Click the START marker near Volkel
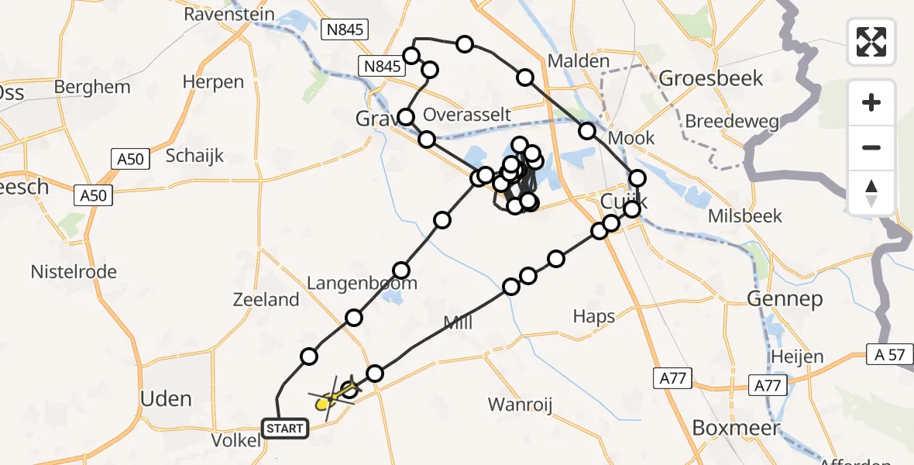click(286, 428)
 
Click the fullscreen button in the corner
click(871, 41)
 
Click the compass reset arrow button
click(871, 193)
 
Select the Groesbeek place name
click(710, 78)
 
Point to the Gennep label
click(785, 299)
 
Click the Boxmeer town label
click(737, 427)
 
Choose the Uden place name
click(165, 398)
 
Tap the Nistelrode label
click(74, 272)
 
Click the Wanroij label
click(519, 404)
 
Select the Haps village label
click(594, 316)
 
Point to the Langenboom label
click(362, 283)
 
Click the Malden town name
click(578, 60)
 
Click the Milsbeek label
click(744, 215)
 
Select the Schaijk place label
click(194, 155)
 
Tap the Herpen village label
click(213, 81)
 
